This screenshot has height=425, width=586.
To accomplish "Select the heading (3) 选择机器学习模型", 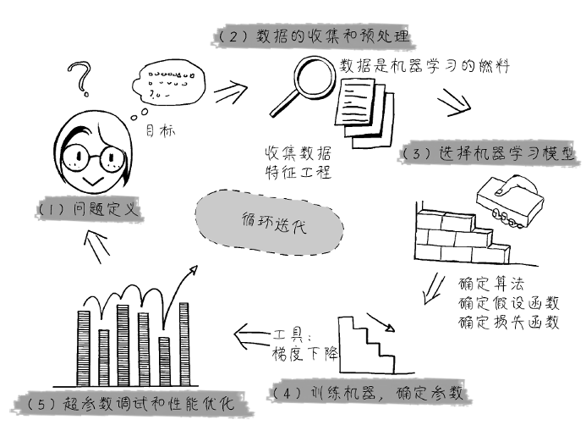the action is (490, 154).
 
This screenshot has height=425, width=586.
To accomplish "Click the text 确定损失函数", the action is (508, 322).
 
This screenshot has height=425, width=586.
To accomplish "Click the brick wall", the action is (457, 236).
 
